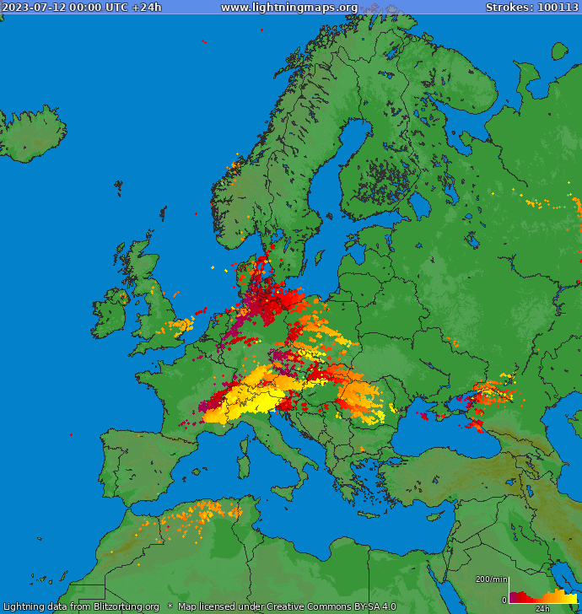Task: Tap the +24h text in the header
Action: pos(147,8)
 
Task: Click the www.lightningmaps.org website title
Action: pos(289,8)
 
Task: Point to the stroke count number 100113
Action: pos(557,8)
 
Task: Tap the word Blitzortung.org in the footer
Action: pos(126,606)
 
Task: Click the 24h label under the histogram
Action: pos(542,608)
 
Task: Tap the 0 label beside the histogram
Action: pos(504,600)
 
